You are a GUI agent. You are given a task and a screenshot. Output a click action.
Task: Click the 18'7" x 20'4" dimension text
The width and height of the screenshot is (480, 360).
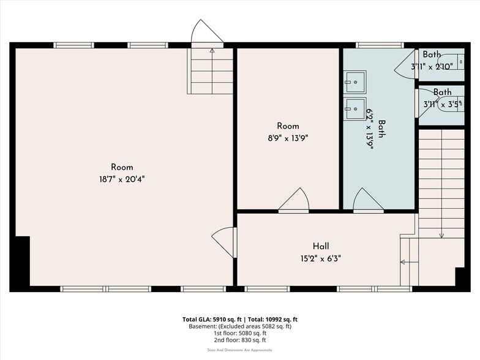pos(122,179)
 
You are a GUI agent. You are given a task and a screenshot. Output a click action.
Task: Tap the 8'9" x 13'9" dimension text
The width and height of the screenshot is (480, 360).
pos(287,138)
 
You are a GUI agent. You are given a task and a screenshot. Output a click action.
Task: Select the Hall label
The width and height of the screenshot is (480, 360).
pos(320,246)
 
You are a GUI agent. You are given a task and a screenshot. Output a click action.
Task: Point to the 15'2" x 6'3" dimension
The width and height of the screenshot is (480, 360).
pos(320,258)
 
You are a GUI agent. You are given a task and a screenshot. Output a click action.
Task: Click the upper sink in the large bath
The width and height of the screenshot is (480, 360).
pos(354,81)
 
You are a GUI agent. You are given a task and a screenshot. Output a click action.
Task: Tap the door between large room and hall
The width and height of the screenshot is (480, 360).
pos(225,242)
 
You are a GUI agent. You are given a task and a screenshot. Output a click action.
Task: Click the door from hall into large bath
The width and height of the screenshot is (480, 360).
pos(367,200)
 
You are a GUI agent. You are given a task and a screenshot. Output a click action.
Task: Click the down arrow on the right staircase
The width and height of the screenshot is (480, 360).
pos(441,234)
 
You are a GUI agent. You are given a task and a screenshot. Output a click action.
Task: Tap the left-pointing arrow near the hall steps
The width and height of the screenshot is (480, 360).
pos(403,262)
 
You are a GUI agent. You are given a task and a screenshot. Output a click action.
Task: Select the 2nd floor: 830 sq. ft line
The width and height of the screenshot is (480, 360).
pos(239,340)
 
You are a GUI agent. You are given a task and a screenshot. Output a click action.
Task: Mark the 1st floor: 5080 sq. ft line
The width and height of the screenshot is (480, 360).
pos(239,333)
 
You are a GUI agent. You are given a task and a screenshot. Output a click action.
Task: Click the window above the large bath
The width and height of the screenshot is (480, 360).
pos(380,45)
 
